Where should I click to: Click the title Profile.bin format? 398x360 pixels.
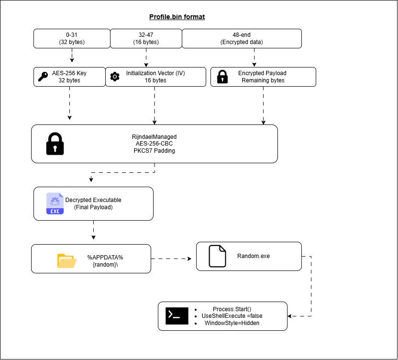[177, 17]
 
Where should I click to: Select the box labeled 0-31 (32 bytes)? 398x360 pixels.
[72, 39]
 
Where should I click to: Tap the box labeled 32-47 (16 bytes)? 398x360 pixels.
[146, 39]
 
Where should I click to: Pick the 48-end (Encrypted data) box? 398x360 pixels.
[242, 39]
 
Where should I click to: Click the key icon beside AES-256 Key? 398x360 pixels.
[43, 77]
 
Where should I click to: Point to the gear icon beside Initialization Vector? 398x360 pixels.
[115, 77]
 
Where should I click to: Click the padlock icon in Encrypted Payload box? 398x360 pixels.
[222, 77]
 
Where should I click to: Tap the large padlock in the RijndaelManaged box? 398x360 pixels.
[55, 144]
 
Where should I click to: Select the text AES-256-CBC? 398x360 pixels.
[154, 144]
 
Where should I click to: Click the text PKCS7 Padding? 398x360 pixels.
[154, 151]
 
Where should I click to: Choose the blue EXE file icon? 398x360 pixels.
[55, 203]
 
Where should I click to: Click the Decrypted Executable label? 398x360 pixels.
[93, 200]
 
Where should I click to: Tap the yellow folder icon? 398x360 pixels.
[67, 261]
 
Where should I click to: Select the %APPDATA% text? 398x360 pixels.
[105, 258]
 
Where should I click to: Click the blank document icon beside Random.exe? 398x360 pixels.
[217, 256]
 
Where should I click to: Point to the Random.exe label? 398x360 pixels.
[254, 256]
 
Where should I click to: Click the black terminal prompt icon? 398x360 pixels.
[177, 316]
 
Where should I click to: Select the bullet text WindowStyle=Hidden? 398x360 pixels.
[232, 323]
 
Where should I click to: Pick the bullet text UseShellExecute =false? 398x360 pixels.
[232, 316]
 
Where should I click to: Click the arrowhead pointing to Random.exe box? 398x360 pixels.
[189, 259]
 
